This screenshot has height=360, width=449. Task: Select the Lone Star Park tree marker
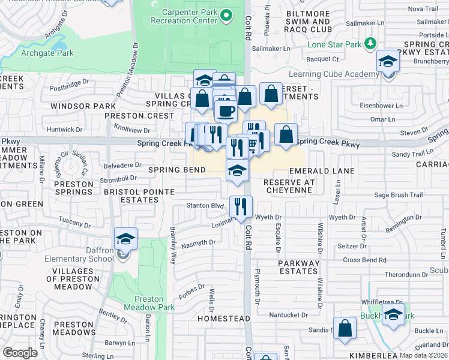point(370,44)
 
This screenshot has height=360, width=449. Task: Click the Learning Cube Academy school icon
point(388,63)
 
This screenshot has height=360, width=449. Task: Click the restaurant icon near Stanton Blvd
point(241,207)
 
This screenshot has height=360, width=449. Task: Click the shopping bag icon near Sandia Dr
point(345,329)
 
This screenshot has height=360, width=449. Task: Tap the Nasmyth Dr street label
point(198,242)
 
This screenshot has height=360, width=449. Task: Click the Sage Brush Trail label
point(399,195)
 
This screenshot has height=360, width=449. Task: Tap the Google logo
point(20,353)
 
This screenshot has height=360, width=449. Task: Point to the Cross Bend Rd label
point(365,260)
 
